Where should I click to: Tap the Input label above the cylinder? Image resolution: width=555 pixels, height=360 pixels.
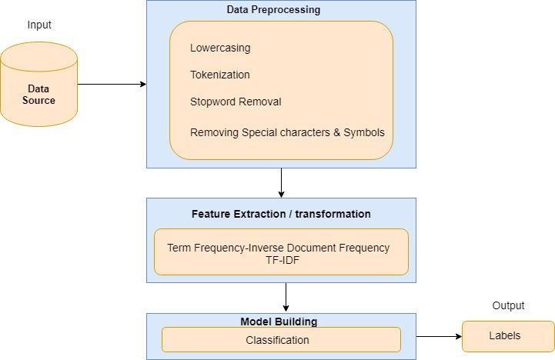coord(39,25)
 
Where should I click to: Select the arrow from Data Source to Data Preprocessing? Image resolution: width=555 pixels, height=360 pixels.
coord(112,84)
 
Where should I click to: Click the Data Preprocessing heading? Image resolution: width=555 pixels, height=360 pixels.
coord(273,10)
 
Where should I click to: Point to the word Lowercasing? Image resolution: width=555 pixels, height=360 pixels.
coord(220,48)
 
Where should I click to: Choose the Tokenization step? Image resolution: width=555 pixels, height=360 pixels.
coord(220,75)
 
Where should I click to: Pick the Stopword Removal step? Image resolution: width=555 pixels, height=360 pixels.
coord(236,102)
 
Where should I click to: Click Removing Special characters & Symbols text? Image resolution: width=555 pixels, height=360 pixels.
coord(287,132)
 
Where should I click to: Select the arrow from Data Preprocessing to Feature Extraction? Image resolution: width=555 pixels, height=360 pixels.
coord(282,182)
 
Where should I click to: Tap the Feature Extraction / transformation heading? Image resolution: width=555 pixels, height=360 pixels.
coord(281,214)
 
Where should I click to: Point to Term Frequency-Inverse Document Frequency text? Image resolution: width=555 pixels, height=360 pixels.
coord(279,248)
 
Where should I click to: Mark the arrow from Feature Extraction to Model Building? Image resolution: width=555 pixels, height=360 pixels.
coord(286,297)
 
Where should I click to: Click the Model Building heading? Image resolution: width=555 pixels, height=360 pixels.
coord(279,322)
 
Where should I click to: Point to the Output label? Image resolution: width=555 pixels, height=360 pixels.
coord(508,305)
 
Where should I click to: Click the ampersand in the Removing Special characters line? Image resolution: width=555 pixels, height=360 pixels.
coord(337,132)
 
